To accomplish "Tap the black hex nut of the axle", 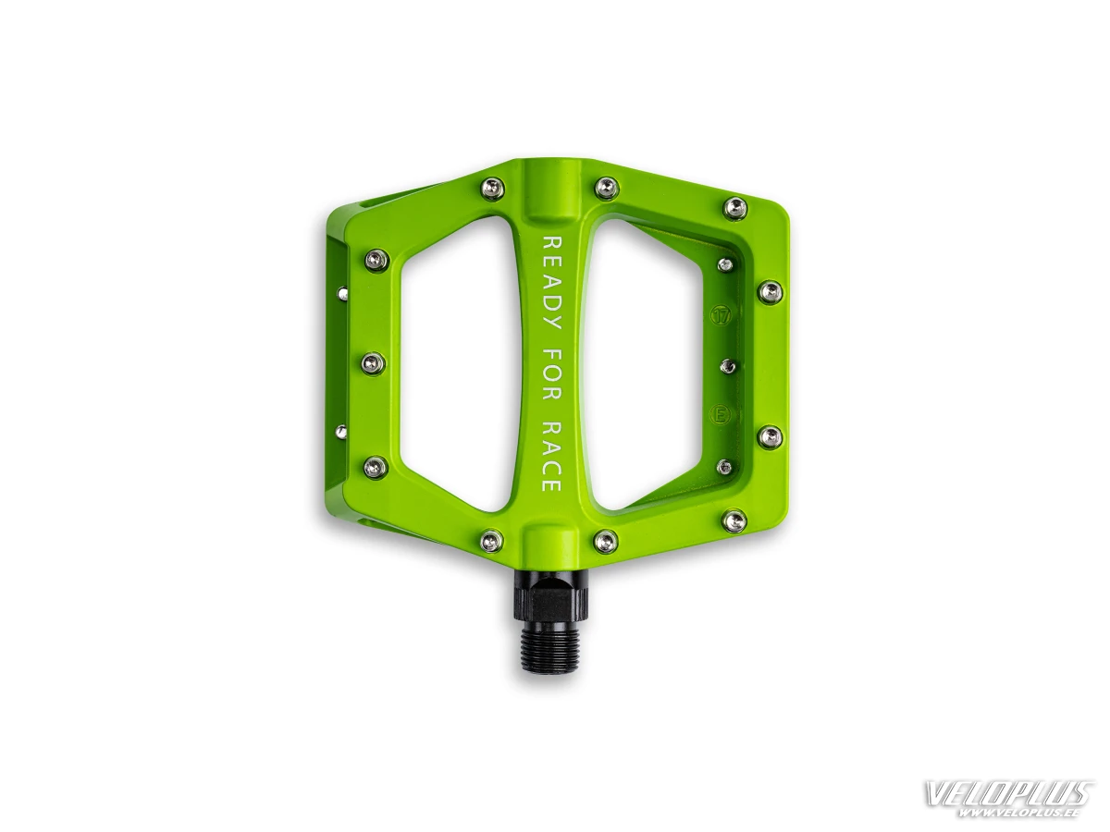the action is [552, 597].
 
